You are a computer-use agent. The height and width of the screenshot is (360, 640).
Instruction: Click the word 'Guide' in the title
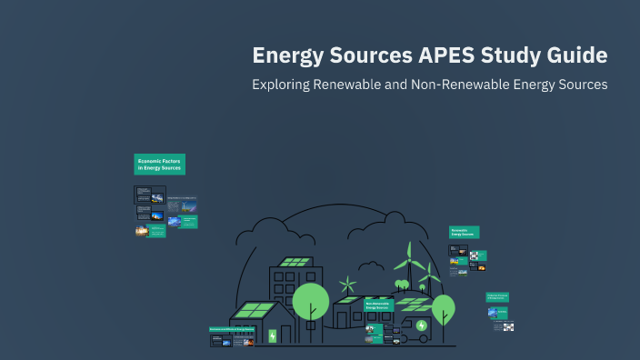(571, 55)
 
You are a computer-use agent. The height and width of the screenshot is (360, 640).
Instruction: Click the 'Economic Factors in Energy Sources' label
(159, 164)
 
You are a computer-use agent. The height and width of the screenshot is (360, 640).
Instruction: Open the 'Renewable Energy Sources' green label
(464, 232)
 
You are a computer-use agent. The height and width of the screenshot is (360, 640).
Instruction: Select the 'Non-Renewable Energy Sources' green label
(380, 305)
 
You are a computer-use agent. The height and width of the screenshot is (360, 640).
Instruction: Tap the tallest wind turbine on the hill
(409, 264)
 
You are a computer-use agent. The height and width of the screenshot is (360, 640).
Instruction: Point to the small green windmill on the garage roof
(346, 285)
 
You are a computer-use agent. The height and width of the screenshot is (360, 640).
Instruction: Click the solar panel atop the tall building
(295, 262)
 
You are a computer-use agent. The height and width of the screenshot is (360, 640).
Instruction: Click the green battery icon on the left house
(271, 335)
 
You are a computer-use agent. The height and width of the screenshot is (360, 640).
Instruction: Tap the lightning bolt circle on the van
(422, 325)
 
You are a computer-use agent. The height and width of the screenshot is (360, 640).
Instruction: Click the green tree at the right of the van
(443, 307)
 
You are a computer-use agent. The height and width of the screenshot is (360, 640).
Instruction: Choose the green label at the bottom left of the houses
(232, 329)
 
